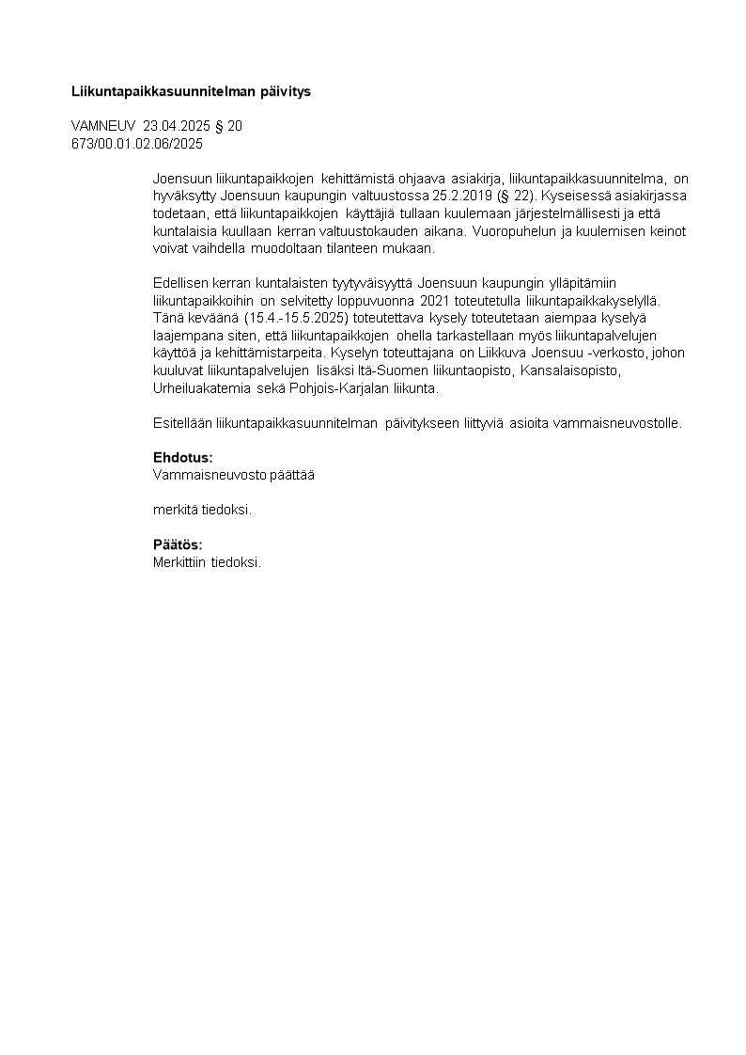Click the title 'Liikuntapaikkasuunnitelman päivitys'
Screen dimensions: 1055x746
point(191,92)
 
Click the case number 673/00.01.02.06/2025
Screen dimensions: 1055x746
point(137,144)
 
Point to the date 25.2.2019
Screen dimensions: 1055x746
point(464,196)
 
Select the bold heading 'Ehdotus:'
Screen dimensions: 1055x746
point(183,458)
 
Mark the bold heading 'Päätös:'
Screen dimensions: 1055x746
point(178,544)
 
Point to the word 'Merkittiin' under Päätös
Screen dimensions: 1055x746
point(179,562)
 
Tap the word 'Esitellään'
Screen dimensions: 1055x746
point(183,423)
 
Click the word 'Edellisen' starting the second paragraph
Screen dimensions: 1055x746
point(180,283)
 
